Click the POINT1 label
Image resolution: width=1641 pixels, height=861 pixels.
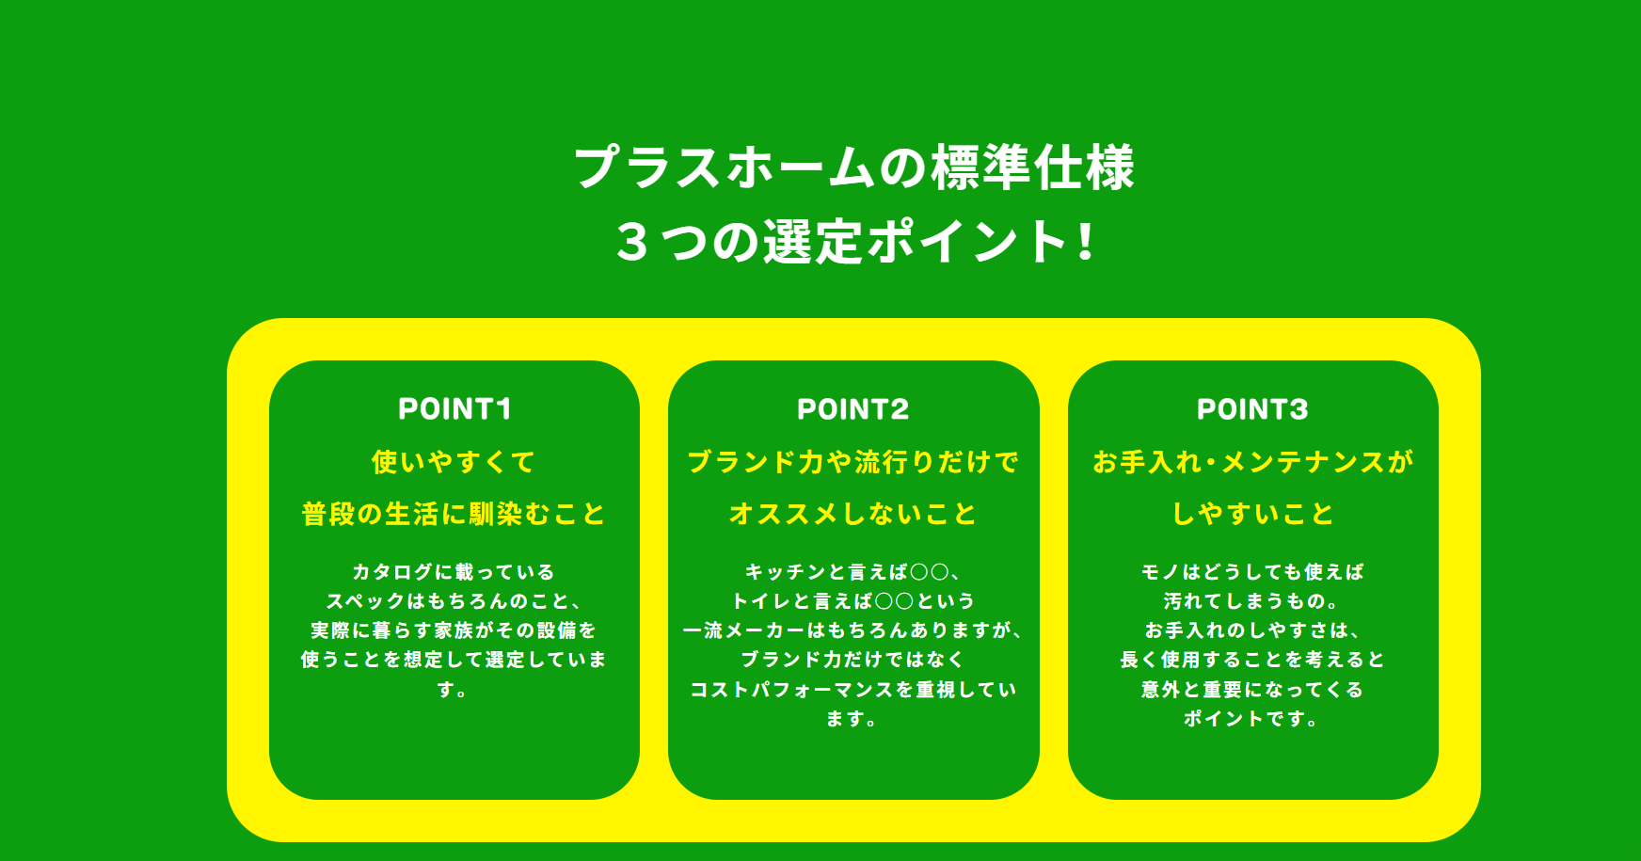point(454,409)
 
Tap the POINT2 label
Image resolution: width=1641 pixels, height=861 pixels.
point(853,409)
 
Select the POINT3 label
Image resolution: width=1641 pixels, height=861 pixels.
point(1252,409)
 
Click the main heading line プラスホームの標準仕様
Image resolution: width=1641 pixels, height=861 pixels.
point(854,167)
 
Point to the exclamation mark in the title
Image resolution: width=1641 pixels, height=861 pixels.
point(1086,241)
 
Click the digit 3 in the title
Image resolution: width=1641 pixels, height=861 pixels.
point(632,242)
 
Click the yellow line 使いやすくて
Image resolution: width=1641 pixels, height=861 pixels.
point(454,462)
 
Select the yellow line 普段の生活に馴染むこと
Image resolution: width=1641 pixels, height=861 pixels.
point(454,514)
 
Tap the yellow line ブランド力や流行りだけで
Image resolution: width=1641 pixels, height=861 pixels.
point(853,462)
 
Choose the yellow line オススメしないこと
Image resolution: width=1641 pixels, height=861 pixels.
point(853,514)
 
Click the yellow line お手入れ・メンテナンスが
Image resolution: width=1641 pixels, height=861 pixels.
point(1252,462)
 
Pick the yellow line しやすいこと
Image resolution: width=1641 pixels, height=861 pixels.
point(1252,514)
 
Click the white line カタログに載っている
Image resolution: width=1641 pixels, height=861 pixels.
point(454,572)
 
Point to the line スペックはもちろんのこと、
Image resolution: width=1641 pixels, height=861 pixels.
point(454,601)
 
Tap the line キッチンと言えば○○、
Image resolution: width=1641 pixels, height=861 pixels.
point(852,572)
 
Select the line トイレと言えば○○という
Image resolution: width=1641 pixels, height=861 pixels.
point(853,601)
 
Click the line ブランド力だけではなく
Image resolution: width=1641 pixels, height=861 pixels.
point(852,660)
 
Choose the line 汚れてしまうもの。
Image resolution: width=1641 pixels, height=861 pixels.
point(1251,601)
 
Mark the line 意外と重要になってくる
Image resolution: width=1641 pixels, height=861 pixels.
point(1252,690)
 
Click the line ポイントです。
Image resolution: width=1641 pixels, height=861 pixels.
point(1251,719)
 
